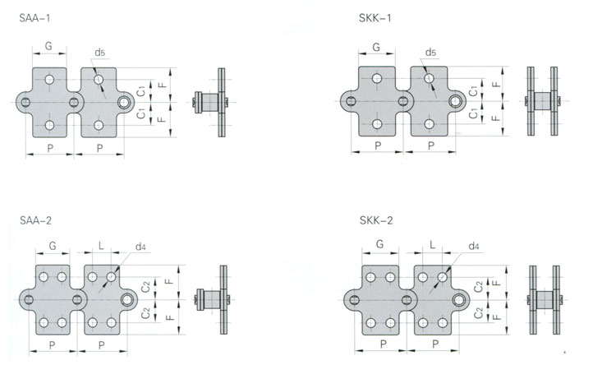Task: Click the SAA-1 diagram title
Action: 34,18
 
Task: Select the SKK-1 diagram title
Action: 375,18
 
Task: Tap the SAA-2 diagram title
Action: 36,220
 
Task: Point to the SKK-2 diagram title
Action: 376,220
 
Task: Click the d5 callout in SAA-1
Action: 99,53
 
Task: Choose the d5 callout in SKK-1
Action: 430,53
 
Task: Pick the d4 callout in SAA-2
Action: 140,247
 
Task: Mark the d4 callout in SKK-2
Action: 474,247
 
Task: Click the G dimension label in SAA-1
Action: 48,46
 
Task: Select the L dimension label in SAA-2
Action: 101,246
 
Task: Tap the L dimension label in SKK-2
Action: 432,245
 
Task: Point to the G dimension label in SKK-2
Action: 379,244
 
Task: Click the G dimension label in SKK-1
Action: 376,47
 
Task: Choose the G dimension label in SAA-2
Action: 53,247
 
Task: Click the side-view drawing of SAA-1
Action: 212,102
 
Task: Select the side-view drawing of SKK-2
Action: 544,300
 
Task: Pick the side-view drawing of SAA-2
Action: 214,300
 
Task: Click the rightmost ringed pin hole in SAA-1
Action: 124,102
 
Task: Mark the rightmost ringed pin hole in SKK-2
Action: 459,300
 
